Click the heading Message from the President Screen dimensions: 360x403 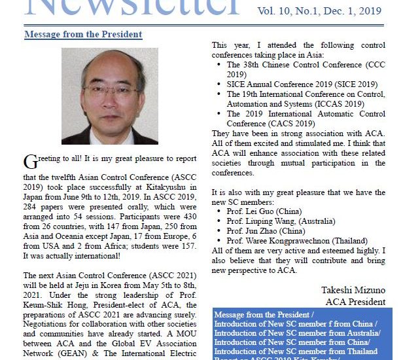coord(82,34)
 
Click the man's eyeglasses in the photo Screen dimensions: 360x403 coord(101,90)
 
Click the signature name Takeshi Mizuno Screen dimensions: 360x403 coord(353,289)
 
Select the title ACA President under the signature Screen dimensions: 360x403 coord(356,301)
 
